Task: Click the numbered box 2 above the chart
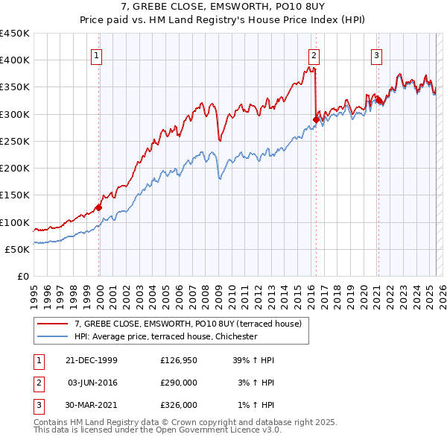[x=314, y=54]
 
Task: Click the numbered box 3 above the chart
[x=377, y=54]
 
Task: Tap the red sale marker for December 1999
[x=99, y=208]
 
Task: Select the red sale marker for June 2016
[x=316, y=119]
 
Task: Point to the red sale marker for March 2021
[x=378, y=100]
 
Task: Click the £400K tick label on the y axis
[x=15, y=60]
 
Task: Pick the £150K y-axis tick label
[x=15, y=195]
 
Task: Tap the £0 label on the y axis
[x=22, y=277]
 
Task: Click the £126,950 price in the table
[x=179, y=360]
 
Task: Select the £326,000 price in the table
[x=179, y=405]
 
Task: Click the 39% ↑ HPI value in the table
[x=254, y=360]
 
